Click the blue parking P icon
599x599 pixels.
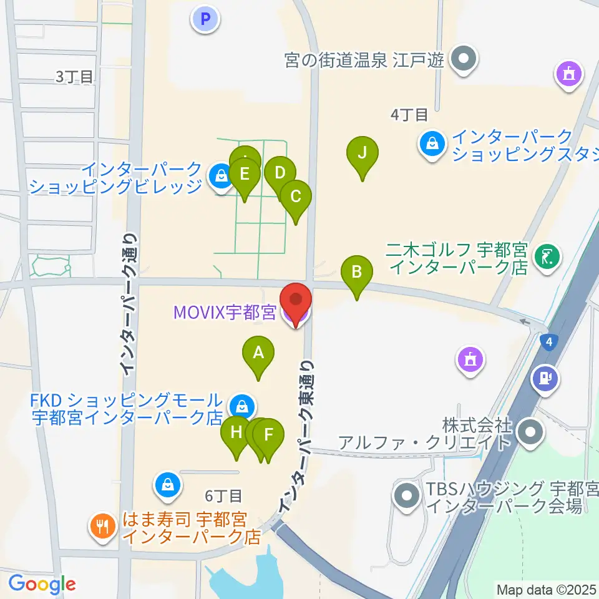205,18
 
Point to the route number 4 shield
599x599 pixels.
548,341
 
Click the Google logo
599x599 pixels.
42,584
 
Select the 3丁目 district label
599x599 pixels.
74,77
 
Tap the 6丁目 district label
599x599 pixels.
223,496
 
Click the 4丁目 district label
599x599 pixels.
409,115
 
